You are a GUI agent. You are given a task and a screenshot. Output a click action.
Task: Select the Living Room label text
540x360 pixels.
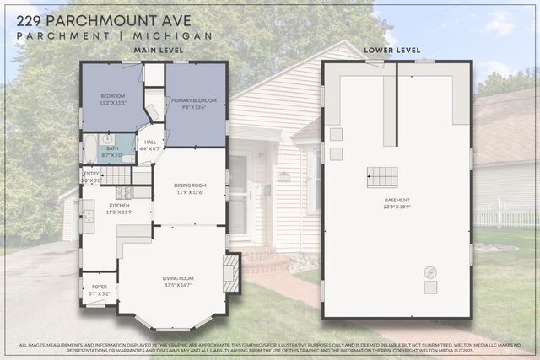click(x=178, y=278)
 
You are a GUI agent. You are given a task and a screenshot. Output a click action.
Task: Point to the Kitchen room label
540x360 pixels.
click(x=118, y=205)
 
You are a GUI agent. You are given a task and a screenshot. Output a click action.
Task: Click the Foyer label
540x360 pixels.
click(x=100, y=287)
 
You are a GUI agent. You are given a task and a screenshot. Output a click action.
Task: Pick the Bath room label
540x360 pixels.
click(x=112, y=148)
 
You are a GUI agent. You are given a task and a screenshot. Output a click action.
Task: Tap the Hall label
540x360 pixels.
click(x=150, y=142)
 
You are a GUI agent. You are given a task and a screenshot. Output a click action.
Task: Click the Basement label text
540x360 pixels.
click(x=396, y=200)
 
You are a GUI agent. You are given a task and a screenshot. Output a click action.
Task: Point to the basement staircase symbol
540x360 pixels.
click(x=381, y=177)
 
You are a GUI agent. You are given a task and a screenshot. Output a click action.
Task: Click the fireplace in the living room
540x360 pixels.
click(x=231, y=273)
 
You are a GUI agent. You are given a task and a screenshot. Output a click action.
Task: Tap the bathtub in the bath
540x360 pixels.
click(x=89, y=150)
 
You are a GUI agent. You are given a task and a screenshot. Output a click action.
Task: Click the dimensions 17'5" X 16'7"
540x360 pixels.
click(x=178, y=286)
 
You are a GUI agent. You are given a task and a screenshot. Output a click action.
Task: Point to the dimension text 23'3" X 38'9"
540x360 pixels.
click(x=396, y=207)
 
